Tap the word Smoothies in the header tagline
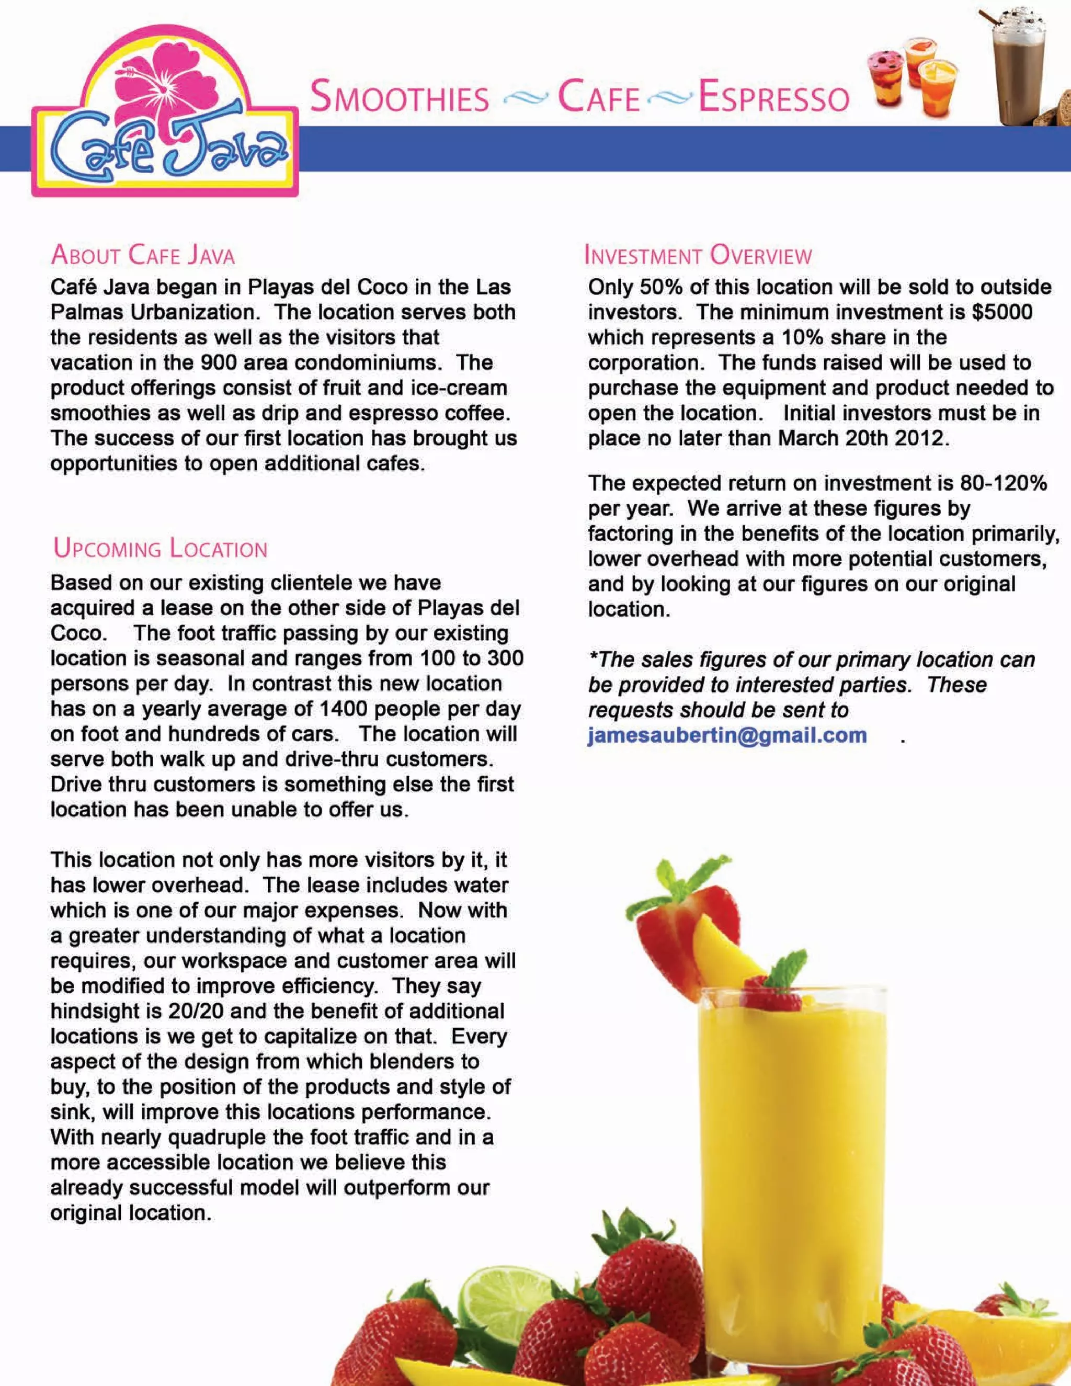tap(400, 98)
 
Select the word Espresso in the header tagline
tap(773, 98)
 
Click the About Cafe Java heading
tap(143, 255)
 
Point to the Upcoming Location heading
tap(161, 548)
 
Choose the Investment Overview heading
tap(698, 255)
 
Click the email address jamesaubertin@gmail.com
tap(727, 735)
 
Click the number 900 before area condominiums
tap(220, 362)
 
